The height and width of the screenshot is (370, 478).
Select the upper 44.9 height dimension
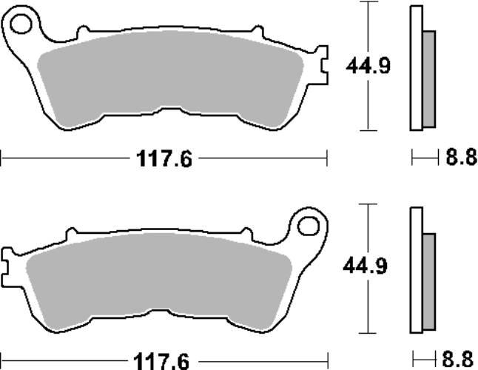point(368,66)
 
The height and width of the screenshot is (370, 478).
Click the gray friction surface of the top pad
point(170,78)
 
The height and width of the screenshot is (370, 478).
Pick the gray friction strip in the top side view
point(428,78)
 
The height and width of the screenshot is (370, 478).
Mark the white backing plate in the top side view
point(415,67)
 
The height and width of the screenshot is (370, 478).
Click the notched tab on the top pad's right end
point(320,63)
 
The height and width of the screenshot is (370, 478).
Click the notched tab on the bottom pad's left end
point(7,263)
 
